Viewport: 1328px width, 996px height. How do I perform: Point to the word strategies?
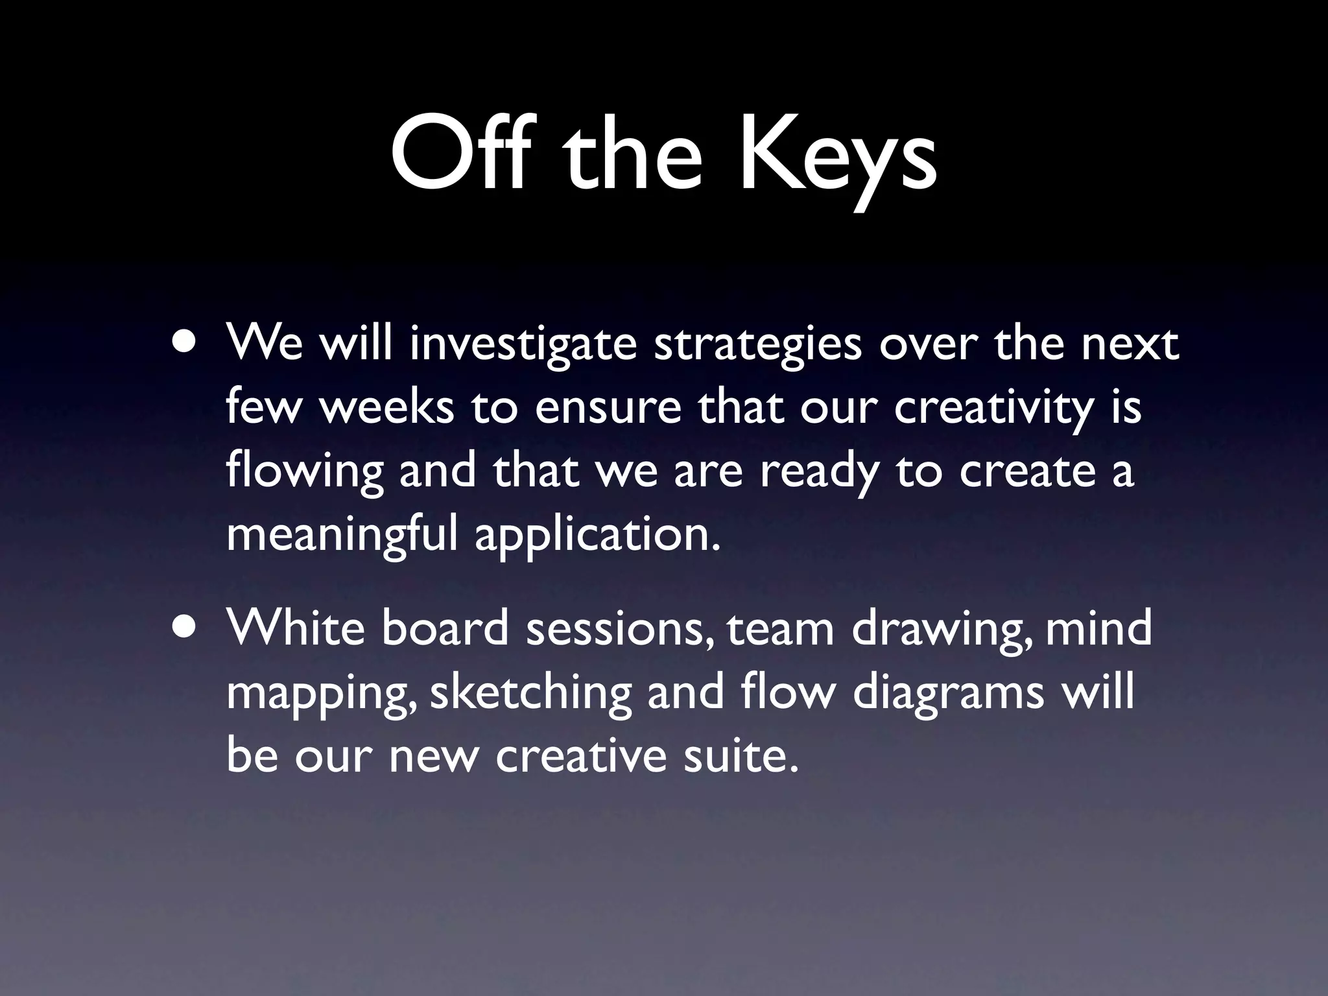[757, 346]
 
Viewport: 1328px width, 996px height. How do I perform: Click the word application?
[597, 536]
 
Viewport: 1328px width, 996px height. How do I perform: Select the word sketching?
[530, 693]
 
